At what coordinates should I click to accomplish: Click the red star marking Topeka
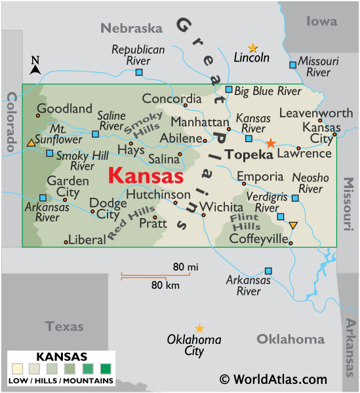(x=271, y=142)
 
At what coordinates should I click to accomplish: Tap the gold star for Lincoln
(x=252, y=48)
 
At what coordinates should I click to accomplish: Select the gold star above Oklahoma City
(x=199, y=328)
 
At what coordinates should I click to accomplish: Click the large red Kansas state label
(x=146, y=176)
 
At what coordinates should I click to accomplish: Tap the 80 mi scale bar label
(x=186, y=267)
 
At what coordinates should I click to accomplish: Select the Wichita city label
(x=221, y=207)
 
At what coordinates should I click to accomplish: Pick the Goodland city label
(x=64, y=109)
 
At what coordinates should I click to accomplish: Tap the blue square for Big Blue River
(x=229, y=90)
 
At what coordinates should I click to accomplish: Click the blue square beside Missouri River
(x=293, y=65)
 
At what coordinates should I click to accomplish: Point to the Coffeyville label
(x=258, y=239)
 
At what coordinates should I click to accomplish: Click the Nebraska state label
(x=131, y=28)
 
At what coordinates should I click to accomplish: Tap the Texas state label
(x=64, y=326)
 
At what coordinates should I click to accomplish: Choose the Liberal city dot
(x=66, y=242)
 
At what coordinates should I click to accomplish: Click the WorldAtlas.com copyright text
(x=273, y=379)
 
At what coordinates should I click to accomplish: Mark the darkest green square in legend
(x=104, y=368)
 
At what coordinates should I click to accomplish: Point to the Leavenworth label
(x=316, y=113)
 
